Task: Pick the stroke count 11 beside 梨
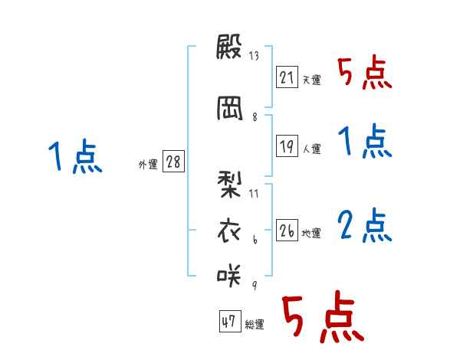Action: click(254, 192)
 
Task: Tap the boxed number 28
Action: click(173, 163)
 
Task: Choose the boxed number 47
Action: click(228, 322)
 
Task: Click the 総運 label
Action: click(254, 326)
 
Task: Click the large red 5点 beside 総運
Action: click(321, 318)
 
